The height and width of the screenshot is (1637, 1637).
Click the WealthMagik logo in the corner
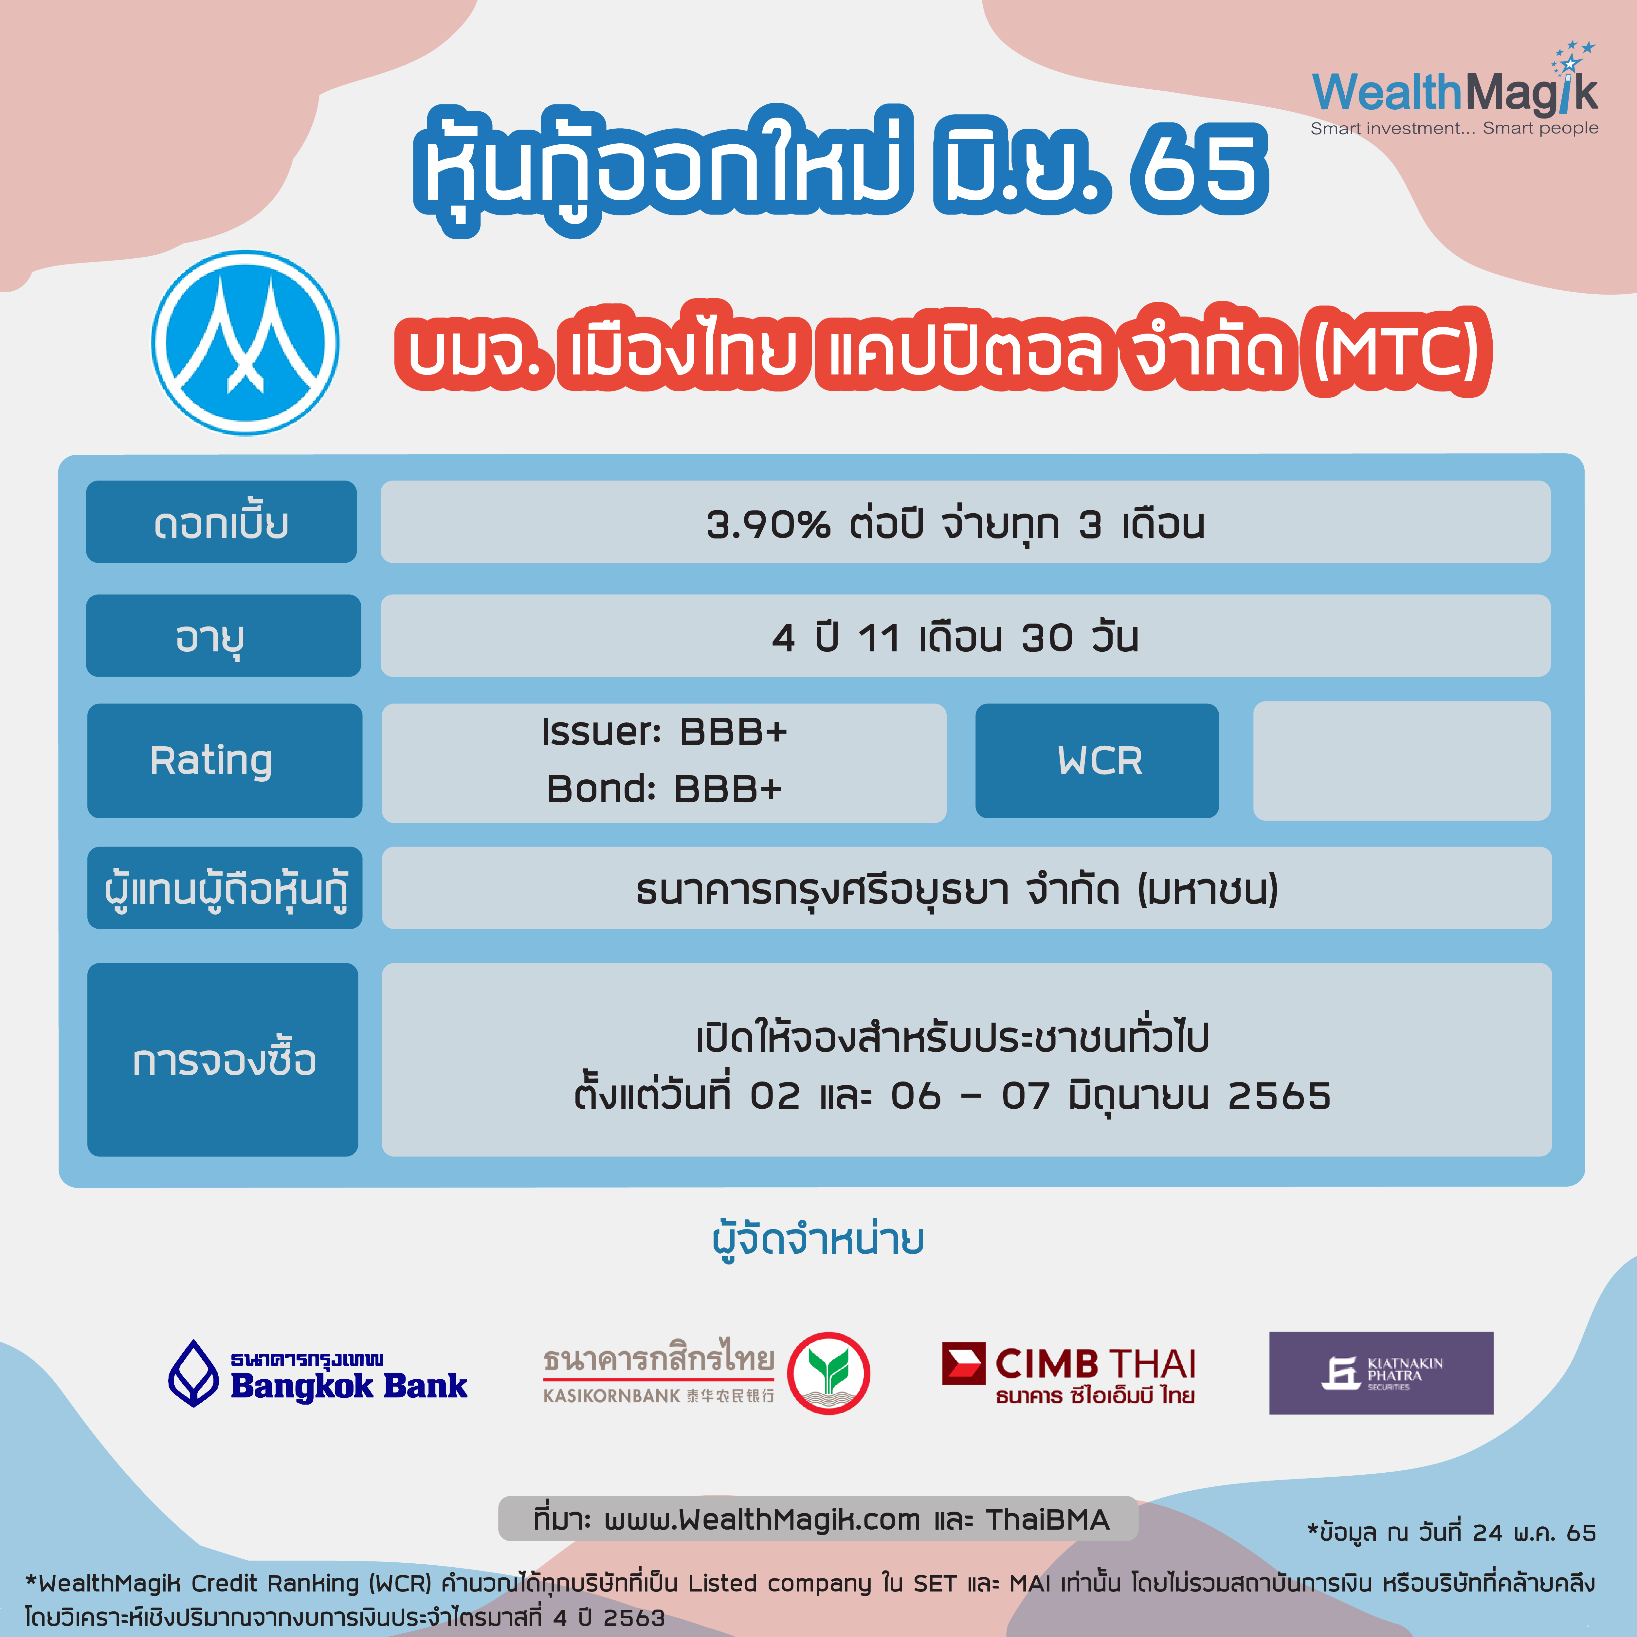tap(1454, 89)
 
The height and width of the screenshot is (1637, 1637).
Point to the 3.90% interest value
tap(768, 524)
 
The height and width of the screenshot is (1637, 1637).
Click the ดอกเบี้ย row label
tap(221, 522)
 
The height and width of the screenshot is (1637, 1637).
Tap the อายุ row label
tap(224, 635)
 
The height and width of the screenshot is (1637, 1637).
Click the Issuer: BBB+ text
tap(664, 732)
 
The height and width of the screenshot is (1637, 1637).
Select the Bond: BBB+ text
tap(664, 789)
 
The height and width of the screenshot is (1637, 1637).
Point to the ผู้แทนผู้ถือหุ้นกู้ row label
tap(225, 888)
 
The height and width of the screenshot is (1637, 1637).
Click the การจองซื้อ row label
tap(223, 1059)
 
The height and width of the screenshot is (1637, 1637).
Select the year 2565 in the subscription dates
tap(1280, 1097)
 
